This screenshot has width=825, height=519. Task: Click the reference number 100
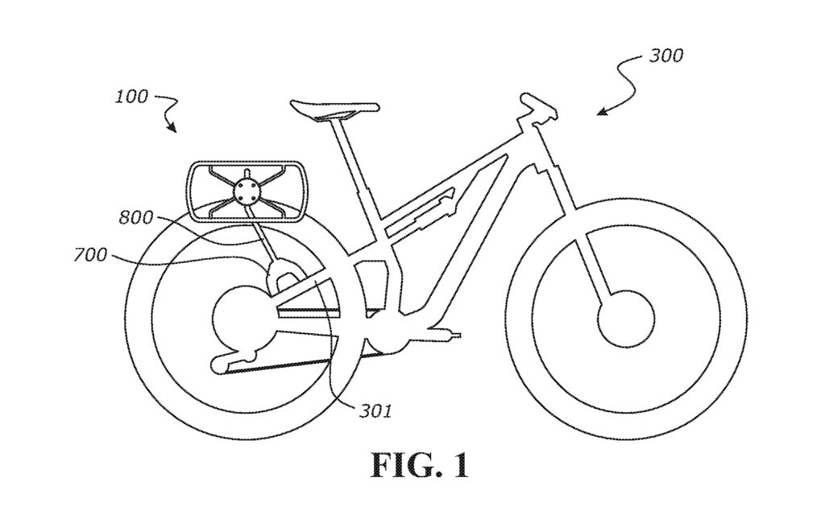tap(132, 97)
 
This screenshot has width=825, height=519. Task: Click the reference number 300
tap(665, 56)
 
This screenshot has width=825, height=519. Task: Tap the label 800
tap(135, 217)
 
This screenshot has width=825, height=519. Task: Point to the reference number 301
tap(375, 411)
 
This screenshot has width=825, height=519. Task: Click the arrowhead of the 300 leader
tap(600, 112)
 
